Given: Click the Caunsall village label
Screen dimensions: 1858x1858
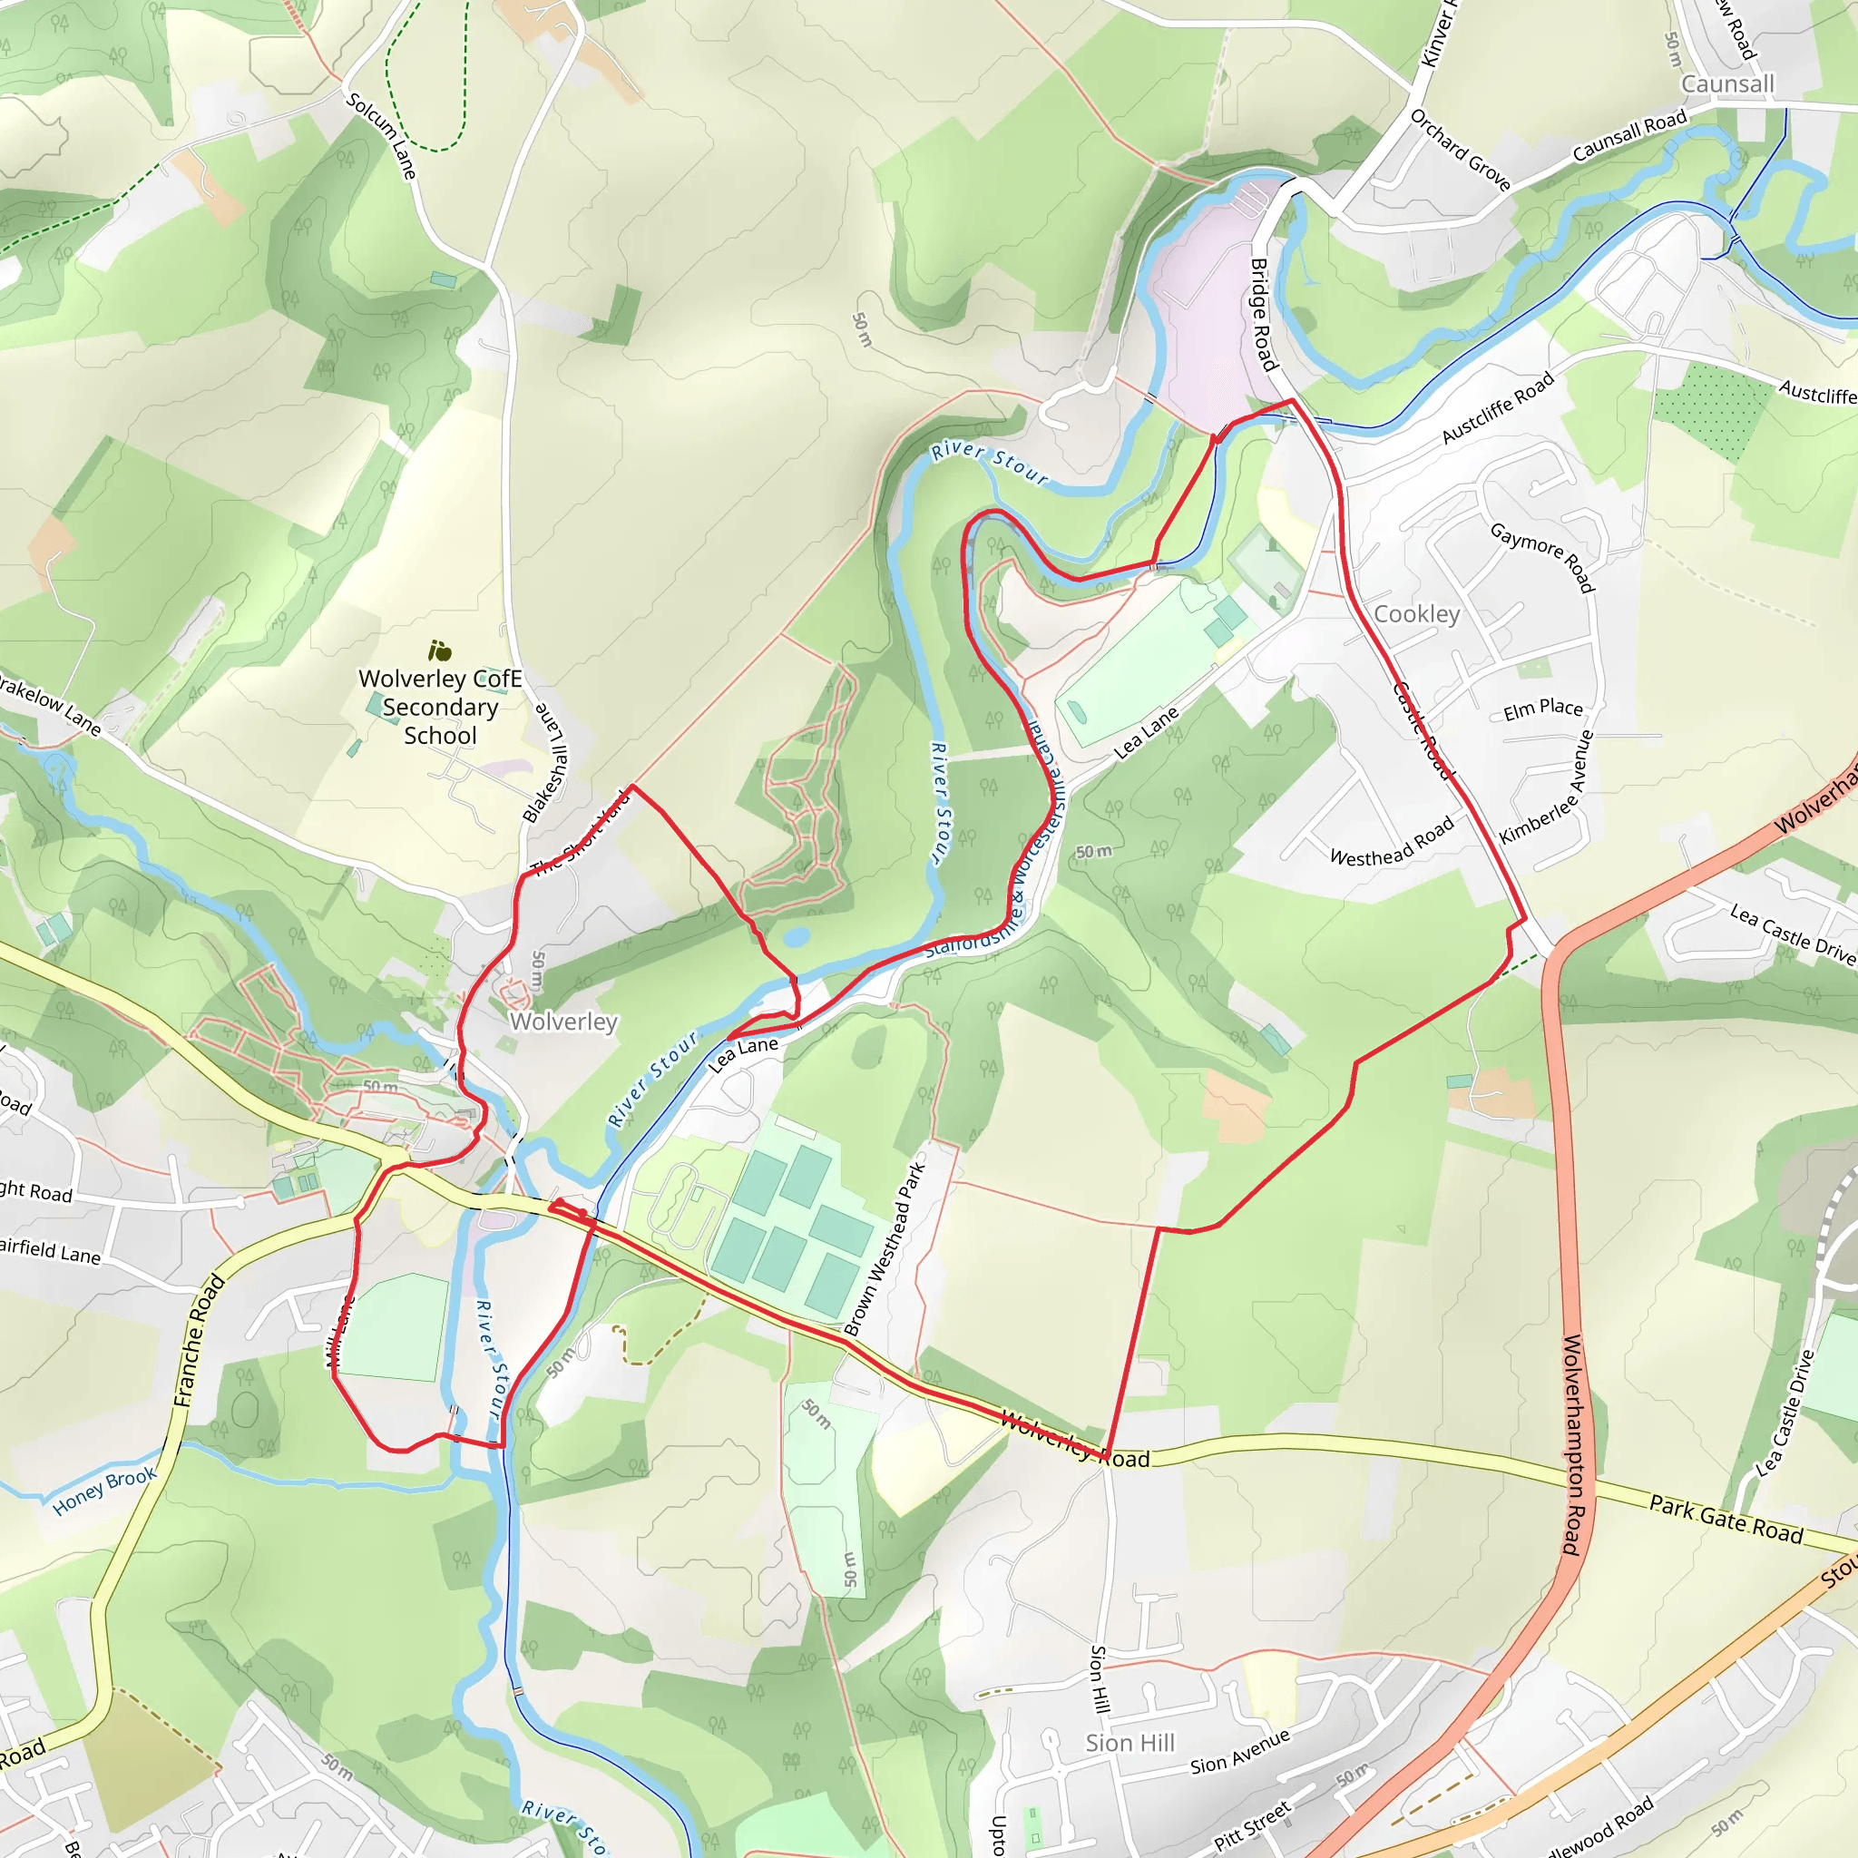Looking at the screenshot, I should click(1727, 84).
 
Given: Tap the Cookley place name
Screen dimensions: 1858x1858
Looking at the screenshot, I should click(1415, 613).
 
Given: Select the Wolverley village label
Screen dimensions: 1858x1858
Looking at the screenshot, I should click(562, 1022).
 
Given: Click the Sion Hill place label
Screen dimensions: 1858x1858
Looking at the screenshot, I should click(1130, 1743).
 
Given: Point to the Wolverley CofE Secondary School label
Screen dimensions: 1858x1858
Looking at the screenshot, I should click(439, 707).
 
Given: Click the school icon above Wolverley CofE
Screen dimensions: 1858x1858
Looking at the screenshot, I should click(439, 651).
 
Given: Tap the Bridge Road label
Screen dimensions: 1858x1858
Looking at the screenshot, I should click(1263, 315).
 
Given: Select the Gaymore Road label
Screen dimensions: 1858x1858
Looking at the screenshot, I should click(1542, 557).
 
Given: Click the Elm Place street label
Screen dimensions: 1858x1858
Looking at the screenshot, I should click(1542, 709).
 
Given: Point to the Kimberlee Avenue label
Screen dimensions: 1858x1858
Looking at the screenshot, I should click(1547, 787).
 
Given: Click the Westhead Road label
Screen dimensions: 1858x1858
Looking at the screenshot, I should click(1391, 842).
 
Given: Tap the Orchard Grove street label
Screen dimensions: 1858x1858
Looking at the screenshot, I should click(1460, 149).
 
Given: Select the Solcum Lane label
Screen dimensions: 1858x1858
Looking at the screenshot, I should click(382, 135).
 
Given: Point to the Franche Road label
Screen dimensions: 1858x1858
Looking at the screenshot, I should click(199, 1342).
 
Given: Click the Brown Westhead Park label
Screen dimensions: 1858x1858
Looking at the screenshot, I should click(884, 1248).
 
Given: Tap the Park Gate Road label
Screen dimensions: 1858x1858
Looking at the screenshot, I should click(1726, 1520).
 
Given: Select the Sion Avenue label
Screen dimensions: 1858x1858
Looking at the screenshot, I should click(1239, 1752).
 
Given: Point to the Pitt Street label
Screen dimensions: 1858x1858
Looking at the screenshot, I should click(1251, 1827).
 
